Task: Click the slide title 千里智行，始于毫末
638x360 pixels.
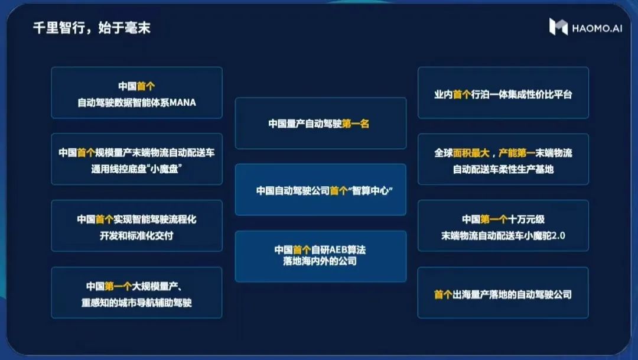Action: [x=92, y=28]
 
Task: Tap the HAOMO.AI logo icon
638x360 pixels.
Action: [x=558, y=27]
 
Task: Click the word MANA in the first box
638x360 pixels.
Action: [x=183, y=102]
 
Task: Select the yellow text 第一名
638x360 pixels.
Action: [x=355, y=124]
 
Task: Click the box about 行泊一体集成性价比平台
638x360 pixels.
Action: [x=503, y=93]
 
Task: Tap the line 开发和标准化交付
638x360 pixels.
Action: [x=136, y=235]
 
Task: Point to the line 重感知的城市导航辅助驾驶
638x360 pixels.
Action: [x=136, y=303]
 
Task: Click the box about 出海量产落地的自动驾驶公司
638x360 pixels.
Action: [x=503, y=293]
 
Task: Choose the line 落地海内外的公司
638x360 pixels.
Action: [x=320, y=261]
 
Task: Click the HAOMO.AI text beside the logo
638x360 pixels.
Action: [x=597, y=28]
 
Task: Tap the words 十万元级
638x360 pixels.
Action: [x=526, y=219]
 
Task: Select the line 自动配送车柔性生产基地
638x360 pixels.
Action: [x=503, y=169]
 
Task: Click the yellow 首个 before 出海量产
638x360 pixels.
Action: [x=443, y=294]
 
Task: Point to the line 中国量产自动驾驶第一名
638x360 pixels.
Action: [x=318, y=124]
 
